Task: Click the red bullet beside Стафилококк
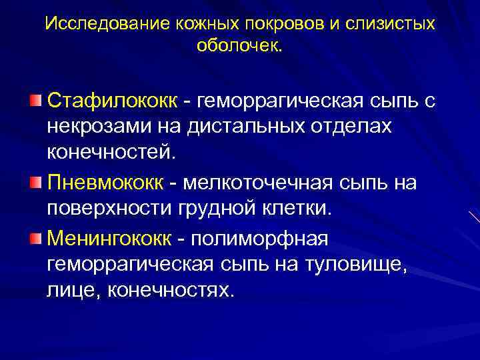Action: pyautogui.click(x=35, y=101)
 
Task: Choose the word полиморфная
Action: pyautogui.click(x=273, y=238)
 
